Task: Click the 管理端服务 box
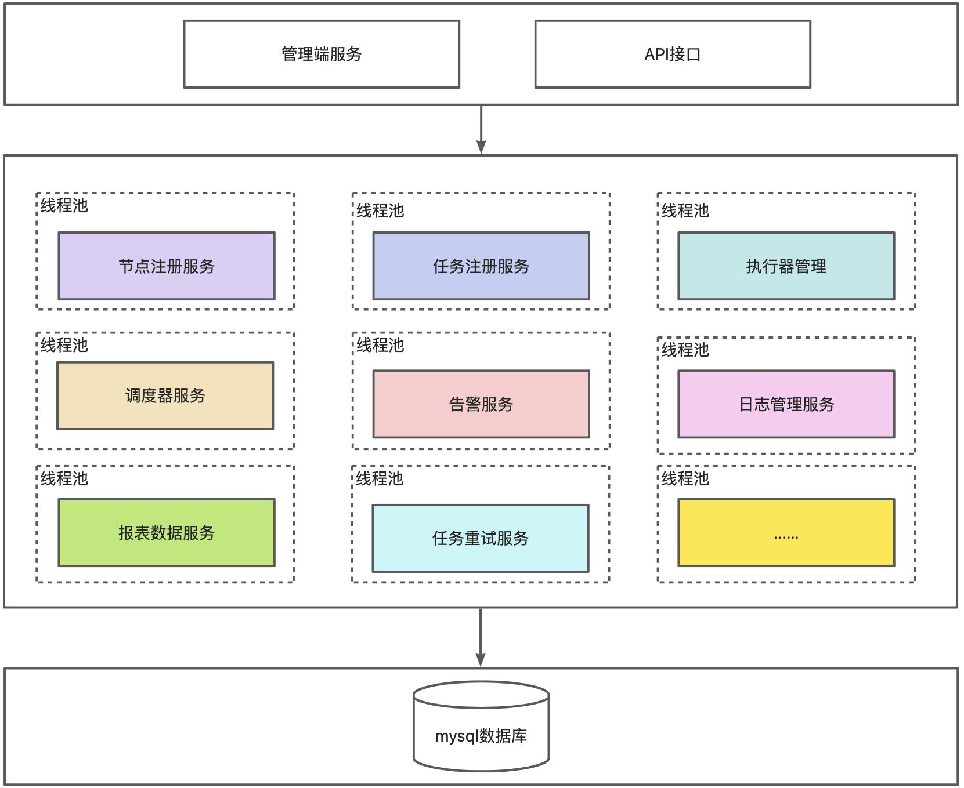click(322, 55)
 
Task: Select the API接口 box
click(672, 55)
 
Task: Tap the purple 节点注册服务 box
click(167, 266)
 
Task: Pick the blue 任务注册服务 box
click(481, 266)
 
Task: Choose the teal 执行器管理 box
click(786, 266)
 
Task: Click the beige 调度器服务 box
click(165, 395)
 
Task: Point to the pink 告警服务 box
click(481, 404)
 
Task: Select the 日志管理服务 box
click(786, 404)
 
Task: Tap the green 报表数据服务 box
click(167, 532)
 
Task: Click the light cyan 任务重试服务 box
click(480, 538)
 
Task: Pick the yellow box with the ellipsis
click(786, 532)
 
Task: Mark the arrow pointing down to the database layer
click(481, 637)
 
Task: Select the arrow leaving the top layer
click(481, 129)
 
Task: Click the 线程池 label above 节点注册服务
click(64, 205)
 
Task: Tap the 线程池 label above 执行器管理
click(685, 210)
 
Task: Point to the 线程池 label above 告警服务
click(380, 345)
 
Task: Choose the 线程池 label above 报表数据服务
click(64, 478)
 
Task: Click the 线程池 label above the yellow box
click(685, 478)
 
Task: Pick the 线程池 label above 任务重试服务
click(380, 478)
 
